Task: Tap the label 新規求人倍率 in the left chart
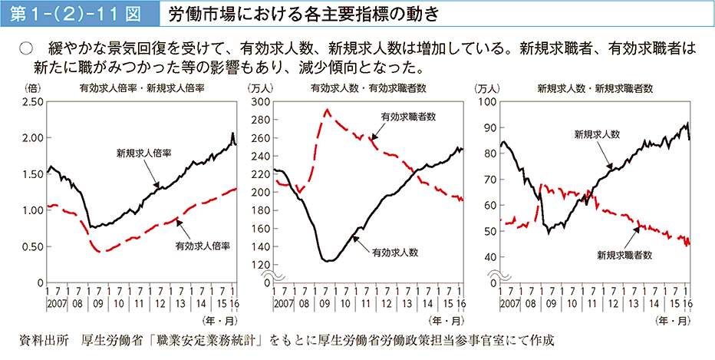tap(143, 153)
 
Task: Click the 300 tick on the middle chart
tap(261, 101)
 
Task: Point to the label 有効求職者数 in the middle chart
tap(408, 117)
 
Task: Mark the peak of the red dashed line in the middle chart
tap(328, 110)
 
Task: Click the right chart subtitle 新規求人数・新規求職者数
tap(595, 88)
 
